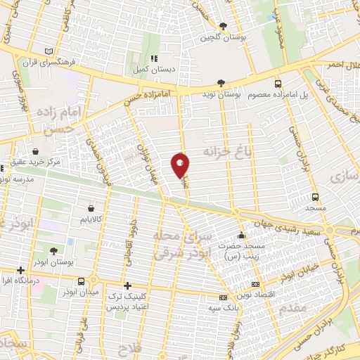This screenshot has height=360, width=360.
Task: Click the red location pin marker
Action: click(181, 165)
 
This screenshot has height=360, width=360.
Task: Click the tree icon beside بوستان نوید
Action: click(221, 82)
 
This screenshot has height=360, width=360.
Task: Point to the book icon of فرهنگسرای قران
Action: click(48, 51)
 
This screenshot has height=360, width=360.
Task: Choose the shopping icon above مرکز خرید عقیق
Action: click(35, 150)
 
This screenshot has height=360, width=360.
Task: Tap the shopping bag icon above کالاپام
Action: click(92, 207)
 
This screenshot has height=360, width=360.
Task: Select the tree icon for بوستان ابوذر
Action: click(54, 250)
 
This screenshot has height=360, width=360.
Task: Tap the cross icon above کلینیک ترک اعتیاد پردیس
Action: click(127, 285)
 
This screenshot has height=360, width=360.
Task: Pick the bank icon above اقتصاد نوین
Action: click(224, 297)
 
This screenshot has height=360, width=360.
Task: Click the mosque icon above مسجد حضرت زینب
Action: click(242, 236)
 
